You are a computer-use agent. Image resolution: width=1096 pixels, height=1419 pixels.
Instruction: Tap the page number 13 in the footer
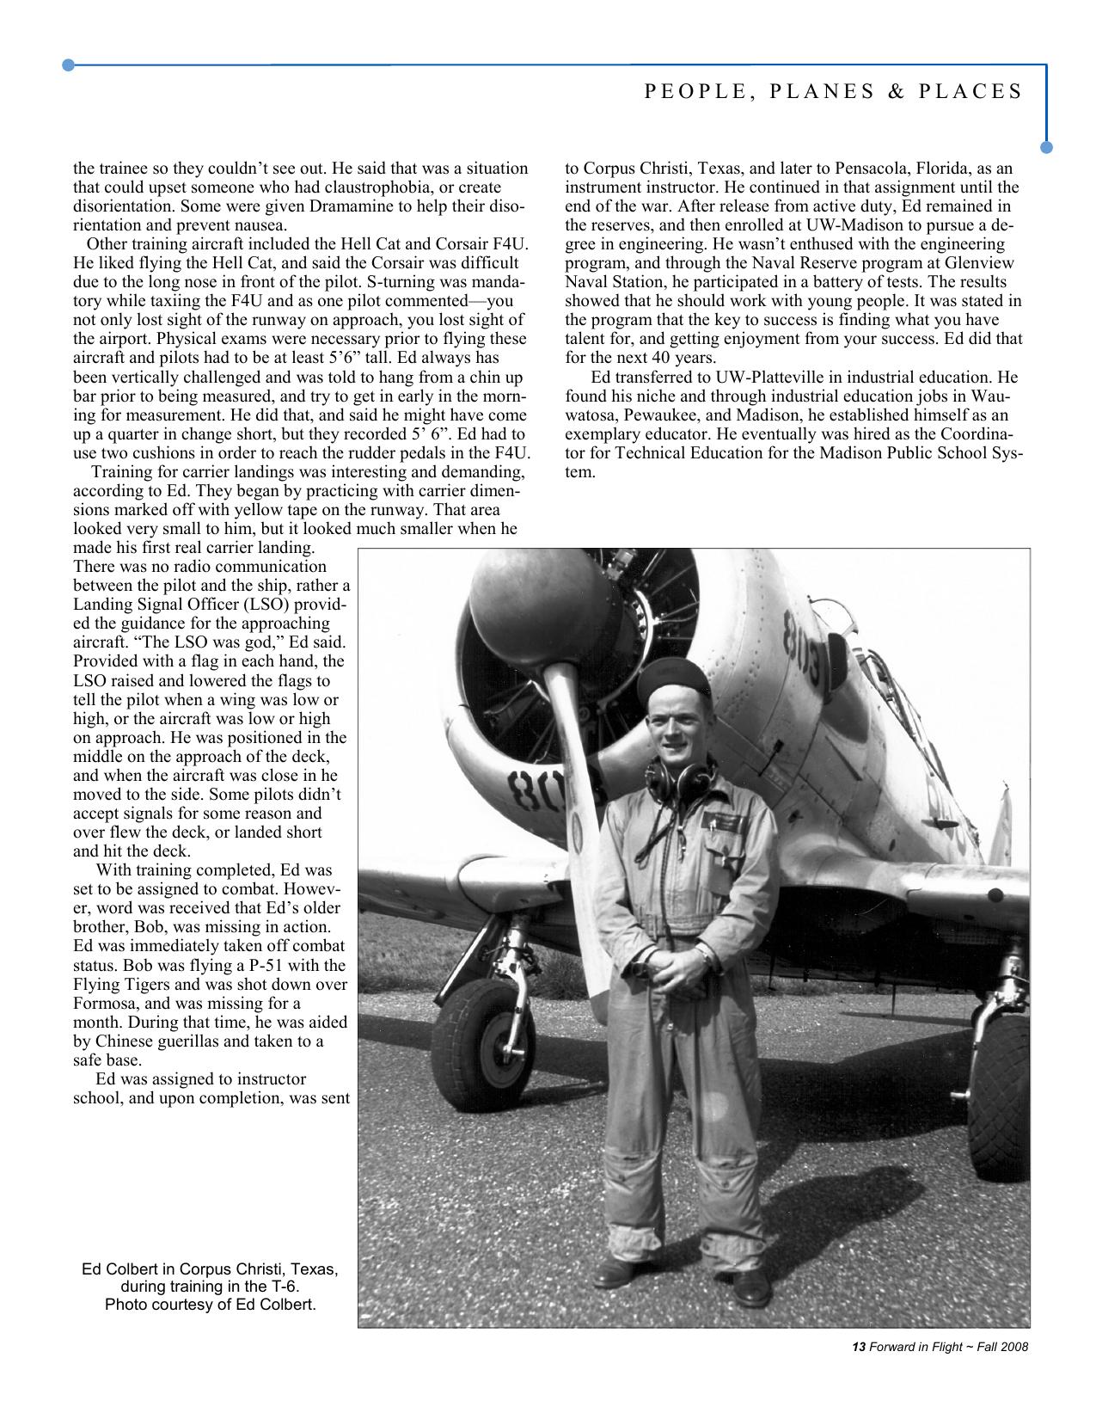[856, 1347]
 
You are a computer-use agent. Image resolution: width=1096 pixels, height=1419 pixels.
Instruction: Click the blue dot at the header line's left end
[69, 64]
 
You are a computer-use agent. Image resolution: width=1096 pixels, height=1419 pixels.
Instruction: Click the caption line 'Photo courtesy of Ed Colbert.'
[210, 1305]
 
